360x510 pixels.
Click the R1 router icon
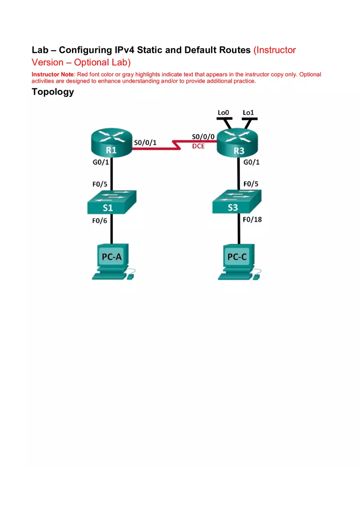[112, 144]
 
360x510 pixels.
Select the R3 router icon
[239, 144]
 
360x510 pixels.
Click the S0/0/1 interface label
[145, 142]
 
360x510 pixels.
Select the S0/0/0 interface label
[203, 137]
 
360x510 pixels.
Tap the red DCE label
[198, 146]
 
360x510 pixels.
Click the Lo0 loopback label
[224, 112]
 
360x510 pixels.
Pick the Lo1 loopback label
[248, 112]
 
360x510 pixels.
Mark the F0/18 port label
[252, 219]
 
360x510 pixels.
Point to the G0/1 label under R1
[101, 163]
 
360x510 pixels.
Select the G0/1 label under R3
[252, 162]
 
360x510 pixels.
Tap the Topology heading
[53, 92]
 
